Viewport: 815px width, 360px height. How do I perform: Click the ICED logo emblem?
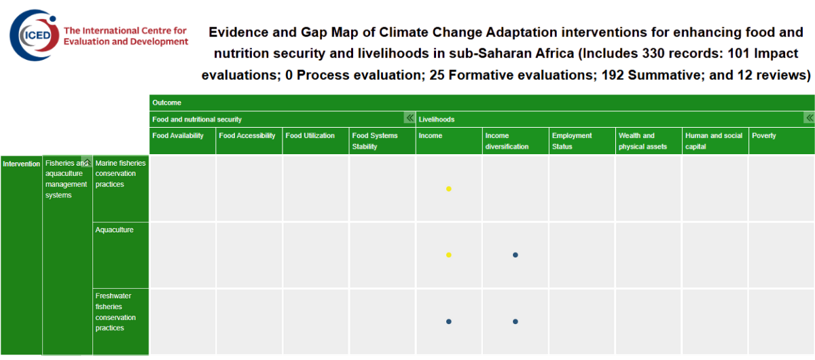[x=34, y=35]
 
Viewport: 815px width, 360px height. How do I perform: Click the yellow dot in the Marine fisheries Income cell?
[x=449, y=189]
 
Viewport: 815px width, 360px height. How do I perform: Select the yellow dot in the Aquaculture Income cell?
[x=449, y=255]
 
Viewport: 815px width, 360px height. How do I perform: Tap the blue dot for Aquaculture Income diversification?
[x=515, y=255]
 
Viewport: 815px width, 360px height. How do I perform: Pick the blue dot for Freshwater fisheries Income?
[x=449, y=321]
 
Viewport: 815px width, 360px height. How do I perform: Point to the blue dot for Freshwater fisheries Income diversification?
[x=515, y=321]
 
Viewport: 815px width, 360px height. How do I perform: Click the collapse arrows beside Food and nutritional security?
[x=410, y=118]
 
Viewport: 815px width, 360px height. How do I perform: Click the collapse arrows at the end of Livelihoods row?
[x=809, y=118]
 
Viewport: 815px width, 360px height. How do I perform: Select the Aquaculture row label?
[x=114, y=230]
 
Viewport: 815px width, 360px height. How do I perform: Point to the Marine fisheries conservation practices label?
[x=120, y=174]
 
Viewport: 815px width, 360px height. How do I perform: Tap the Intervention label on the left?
[x=22, y=164]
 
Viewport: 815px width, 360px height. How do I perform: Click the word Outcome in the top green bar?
[x=166, y=103]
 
